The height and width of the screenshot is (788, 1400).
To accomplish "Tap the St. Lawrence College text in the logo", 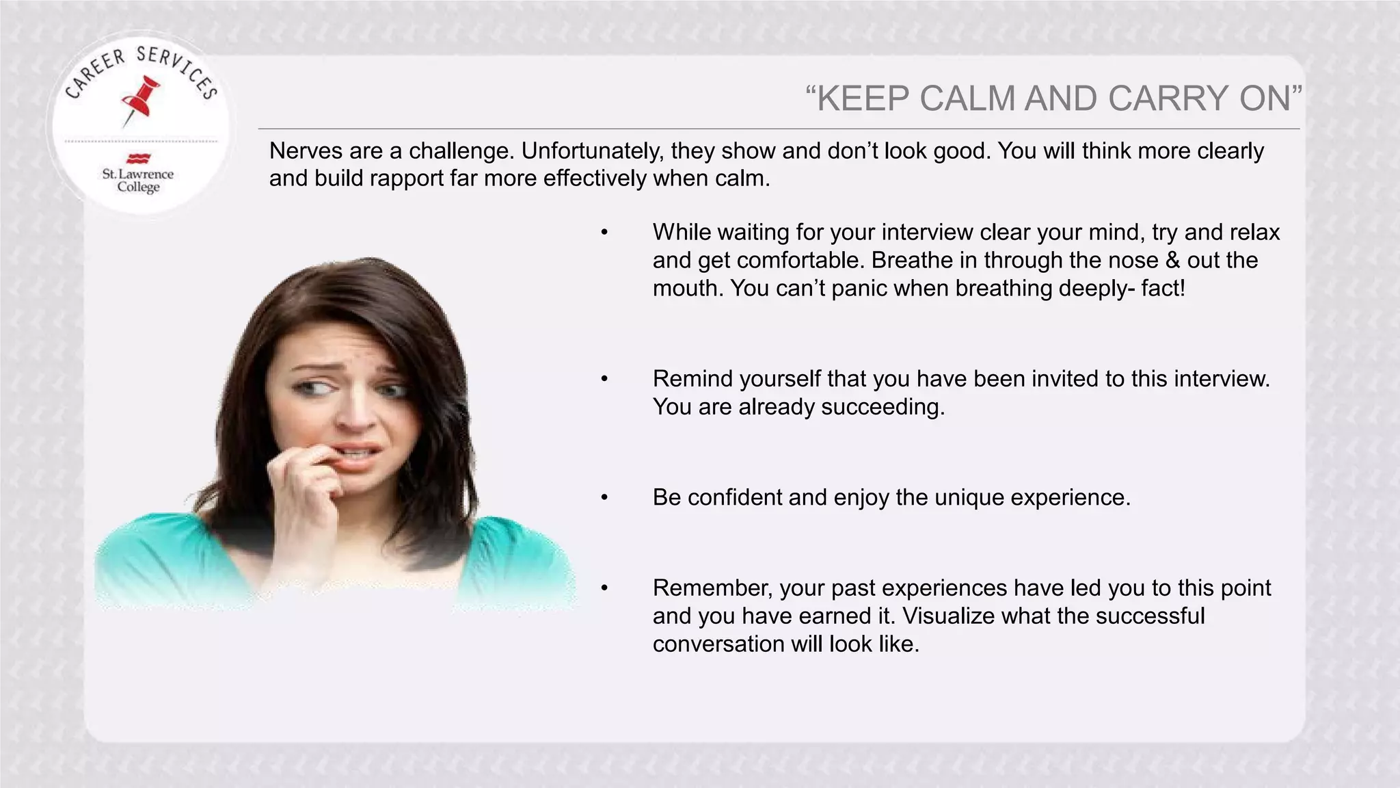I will (138, 181).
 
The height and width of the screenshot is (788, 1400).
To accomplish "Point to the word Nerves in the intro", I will (306, 150).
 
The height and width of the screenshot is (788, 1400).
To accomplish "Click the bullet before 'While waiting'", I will (604, 233).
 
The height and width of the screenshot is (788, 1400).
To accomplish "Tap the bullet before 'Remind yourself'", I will (604, 379).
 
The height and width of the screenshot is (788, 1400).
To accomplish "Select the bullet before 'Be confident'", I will (604, 497).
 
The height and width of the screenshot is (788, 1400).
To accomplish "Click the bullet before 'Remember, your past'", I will (604, 588).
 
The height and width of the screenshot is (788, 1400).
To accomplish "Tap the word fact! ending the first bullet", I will (1163, 289).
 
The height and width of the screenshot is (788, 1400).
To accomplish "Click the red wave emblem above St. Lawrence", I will (138, 159).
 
